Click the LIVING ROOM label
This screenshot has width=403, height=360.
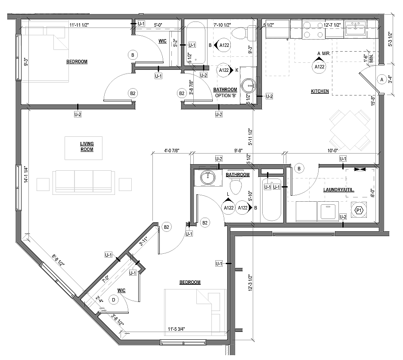[x=87, y=146]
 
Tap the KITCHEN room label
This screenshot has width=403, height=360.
[x=320, y=91]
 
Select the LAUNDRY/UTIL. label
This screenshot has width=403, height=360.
[x=339, y=190]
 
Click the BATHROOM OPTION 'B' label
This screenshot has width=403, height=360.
[x=225, y=92]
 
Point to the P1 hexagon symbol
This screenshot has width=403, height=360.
[x=359, y=211]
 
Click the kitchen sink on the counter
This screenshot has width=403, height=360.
[x=356, y=28]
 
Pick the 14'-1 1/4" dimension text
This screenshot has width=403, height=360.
[x=26, y=175]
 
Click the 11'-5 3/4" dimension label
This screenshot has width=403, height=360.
[x=177, y=329]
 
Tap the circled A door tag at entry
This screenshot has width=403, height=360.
[x=381, y=80]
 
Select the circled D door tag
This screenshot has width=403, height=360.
[x=113, y=300]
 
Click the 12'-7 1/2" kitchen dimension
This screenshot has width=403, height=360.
[x=332, y=25]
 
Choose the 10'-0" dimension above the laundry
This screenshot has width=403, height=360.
[x=332, y=151]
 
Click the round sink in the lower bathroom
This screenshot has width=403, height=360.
[x=208, y=178]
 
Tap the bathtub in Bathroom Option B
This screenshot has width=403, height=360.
[x=195, y=43]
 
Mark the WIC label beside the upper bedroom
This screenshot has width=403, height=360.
[x=162, y=41]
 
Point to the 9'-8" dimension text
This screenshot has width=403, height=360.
[x=239, y=151]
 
